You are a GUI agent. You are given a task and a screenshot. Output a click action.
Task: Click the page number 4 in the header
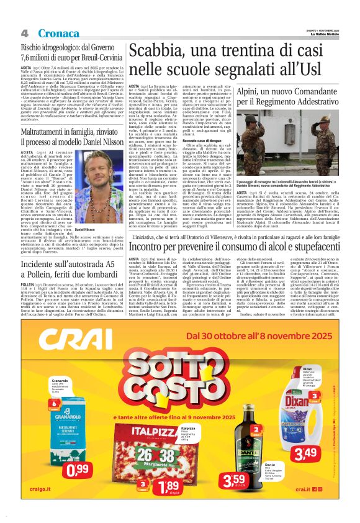click(x=24, y=32)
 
